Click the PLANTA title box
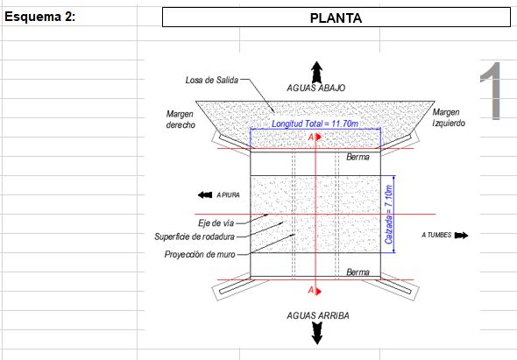(336, 18)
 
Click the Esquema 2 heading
(40, 17)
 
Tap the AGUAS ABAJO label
(315, 88)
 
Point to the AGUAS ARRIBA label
(318, 315)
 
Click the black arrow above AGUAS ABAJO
(317, 72)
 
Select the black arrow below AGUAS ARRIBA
(317, 333)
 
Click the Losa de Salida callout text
(212, 80)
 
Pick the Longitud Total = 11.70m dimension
(315, 124)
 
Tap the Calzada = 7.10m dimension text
(389, 215)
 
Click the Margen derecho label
(181, 119)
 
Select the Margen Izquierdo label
(449, 117)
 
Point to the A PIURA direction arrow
(205, 194)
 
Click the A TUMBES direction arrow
(461, 235)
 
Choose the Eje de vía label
(216, 223)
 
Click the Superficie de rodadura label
(195, 236)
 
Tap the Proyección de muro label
(200, 255)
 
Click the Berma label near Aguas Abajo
(358, 157)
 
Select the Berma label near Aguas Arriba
(358, 272)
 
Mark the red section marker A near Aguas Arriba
(315, 291)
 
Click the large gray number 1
(492, 91)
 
